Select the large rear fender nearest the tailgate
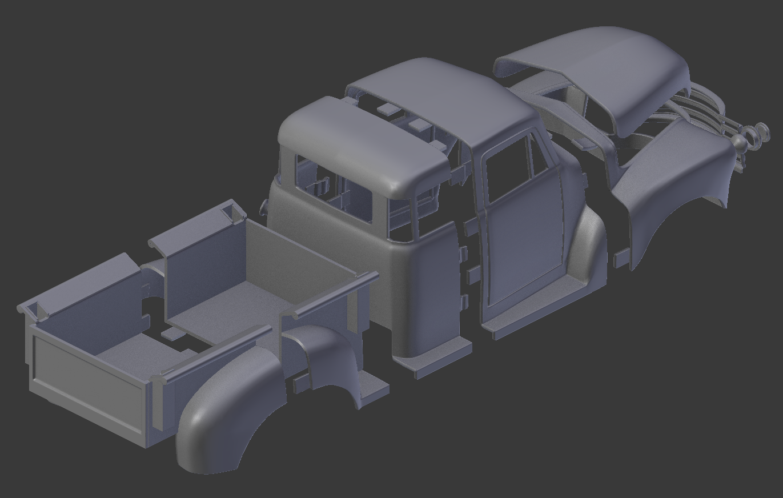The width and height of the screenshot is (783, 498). tap(228, 411)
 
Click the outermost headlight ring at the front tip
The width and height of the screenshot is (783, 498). tap(763, 131)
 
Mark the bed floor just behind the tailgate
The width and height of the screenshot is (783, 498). tap(137, 354)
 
